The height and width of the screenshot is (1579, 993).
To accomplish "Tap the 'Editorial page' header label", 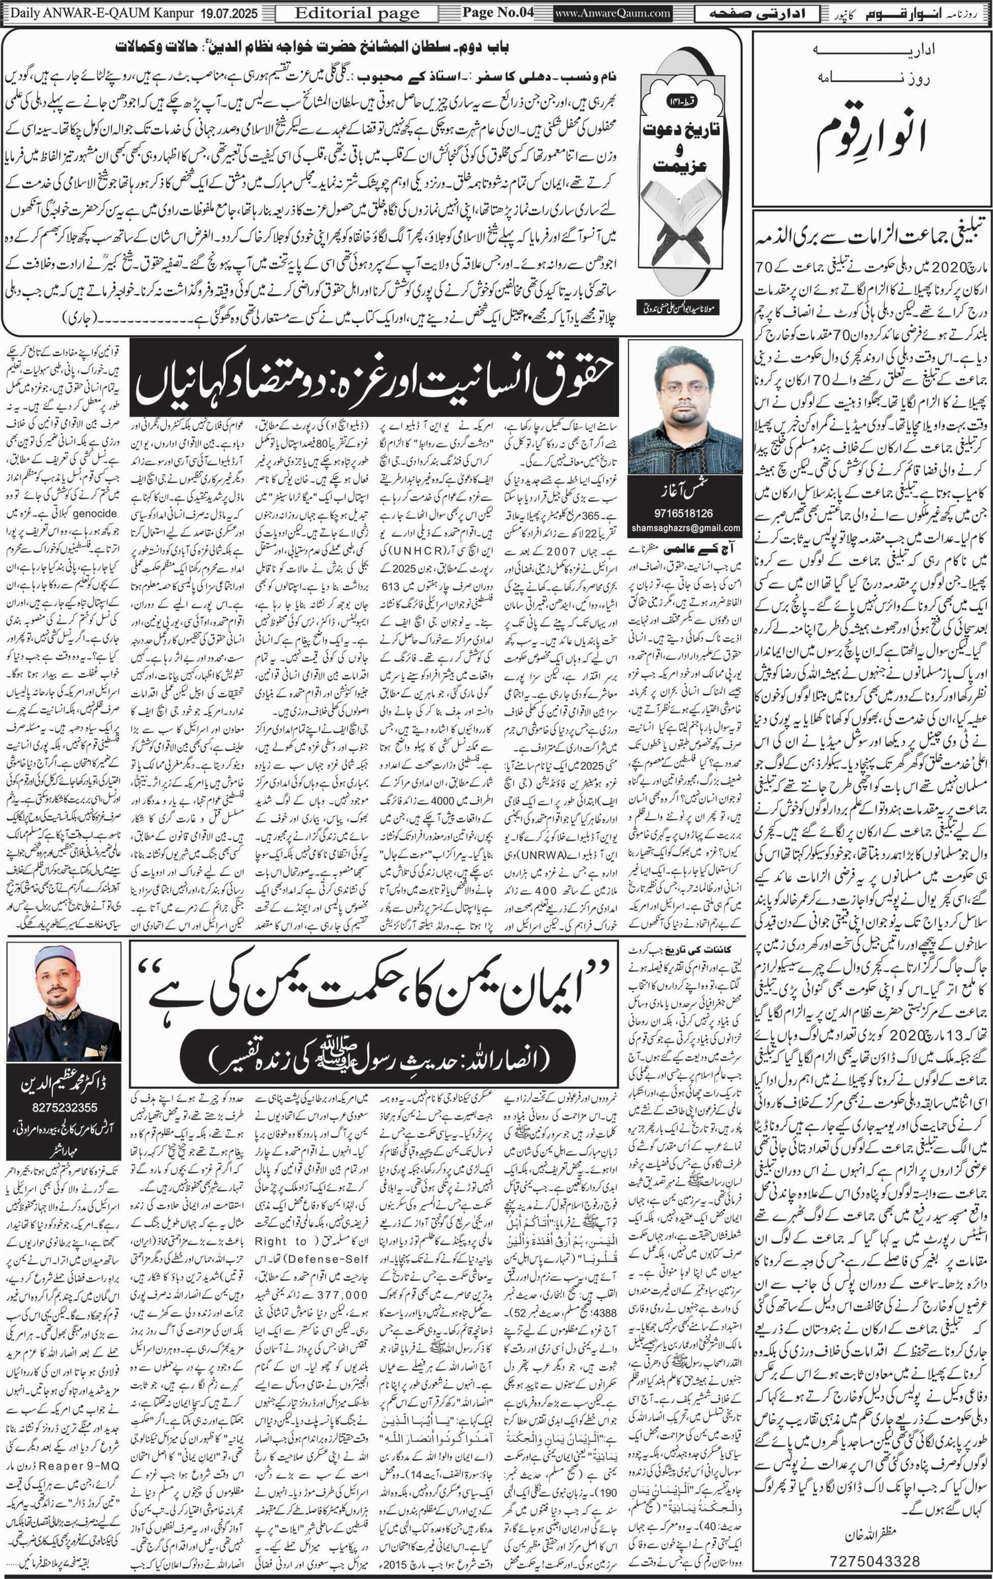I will tap(357, 13).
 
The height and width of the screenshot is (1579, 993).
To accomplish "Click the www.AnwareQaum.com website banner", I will tap(612, 13).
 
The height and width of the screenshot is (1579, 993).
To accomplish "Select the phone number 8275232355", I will tap(64, 1107).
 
